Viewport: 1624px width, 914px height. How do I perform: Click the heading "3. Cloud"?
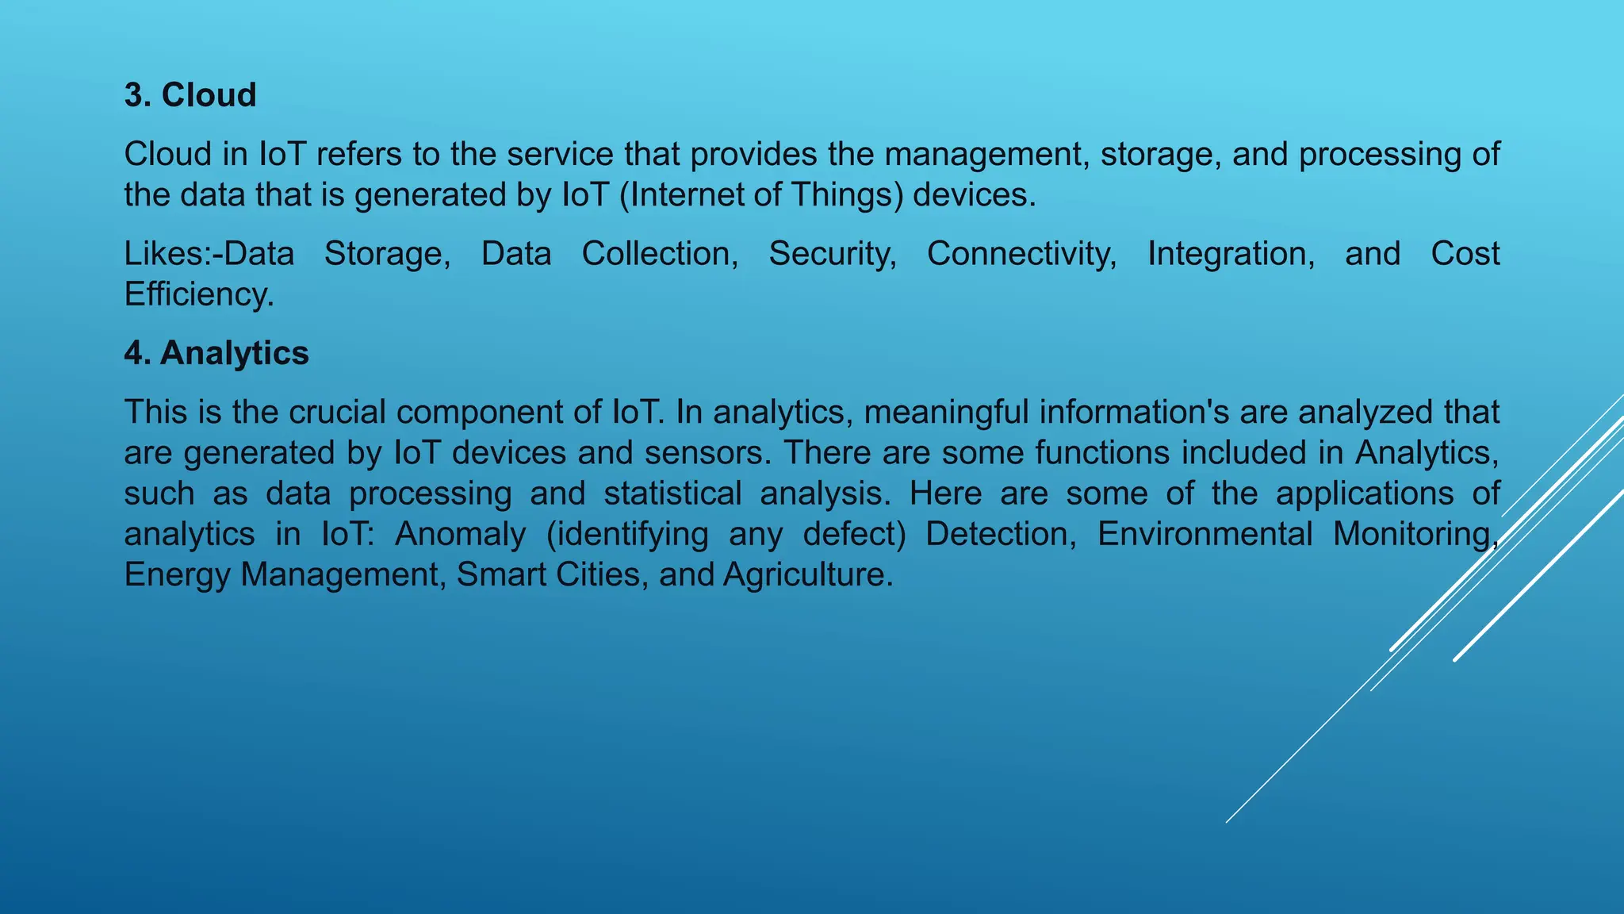point(190,95)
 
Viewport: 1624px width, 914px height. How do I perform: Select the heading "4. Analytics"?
point(216,353)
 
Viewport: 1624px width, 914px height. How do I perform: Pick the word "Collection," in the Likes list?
point(660,254)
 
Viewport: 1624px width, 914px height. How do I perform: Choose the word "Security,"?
point(833,254)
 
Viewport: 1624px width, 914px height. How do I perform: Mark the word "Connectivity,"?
point(1022,254)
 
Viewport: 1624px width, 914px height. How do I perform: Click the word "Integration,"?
point(1231,254)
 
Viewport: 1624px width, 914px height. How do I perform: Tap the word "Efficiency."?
point(199,294)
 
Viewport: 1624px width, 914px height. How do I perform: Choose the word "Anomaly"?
point(460,534)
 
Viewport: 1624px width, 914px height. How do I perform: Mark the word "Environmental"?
point(1205,534)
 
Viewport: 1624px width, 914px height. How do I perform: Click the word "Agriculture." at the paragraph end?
point(808,574)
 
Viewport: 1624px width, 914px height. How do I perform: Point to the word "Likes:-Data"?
point(209,254)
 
